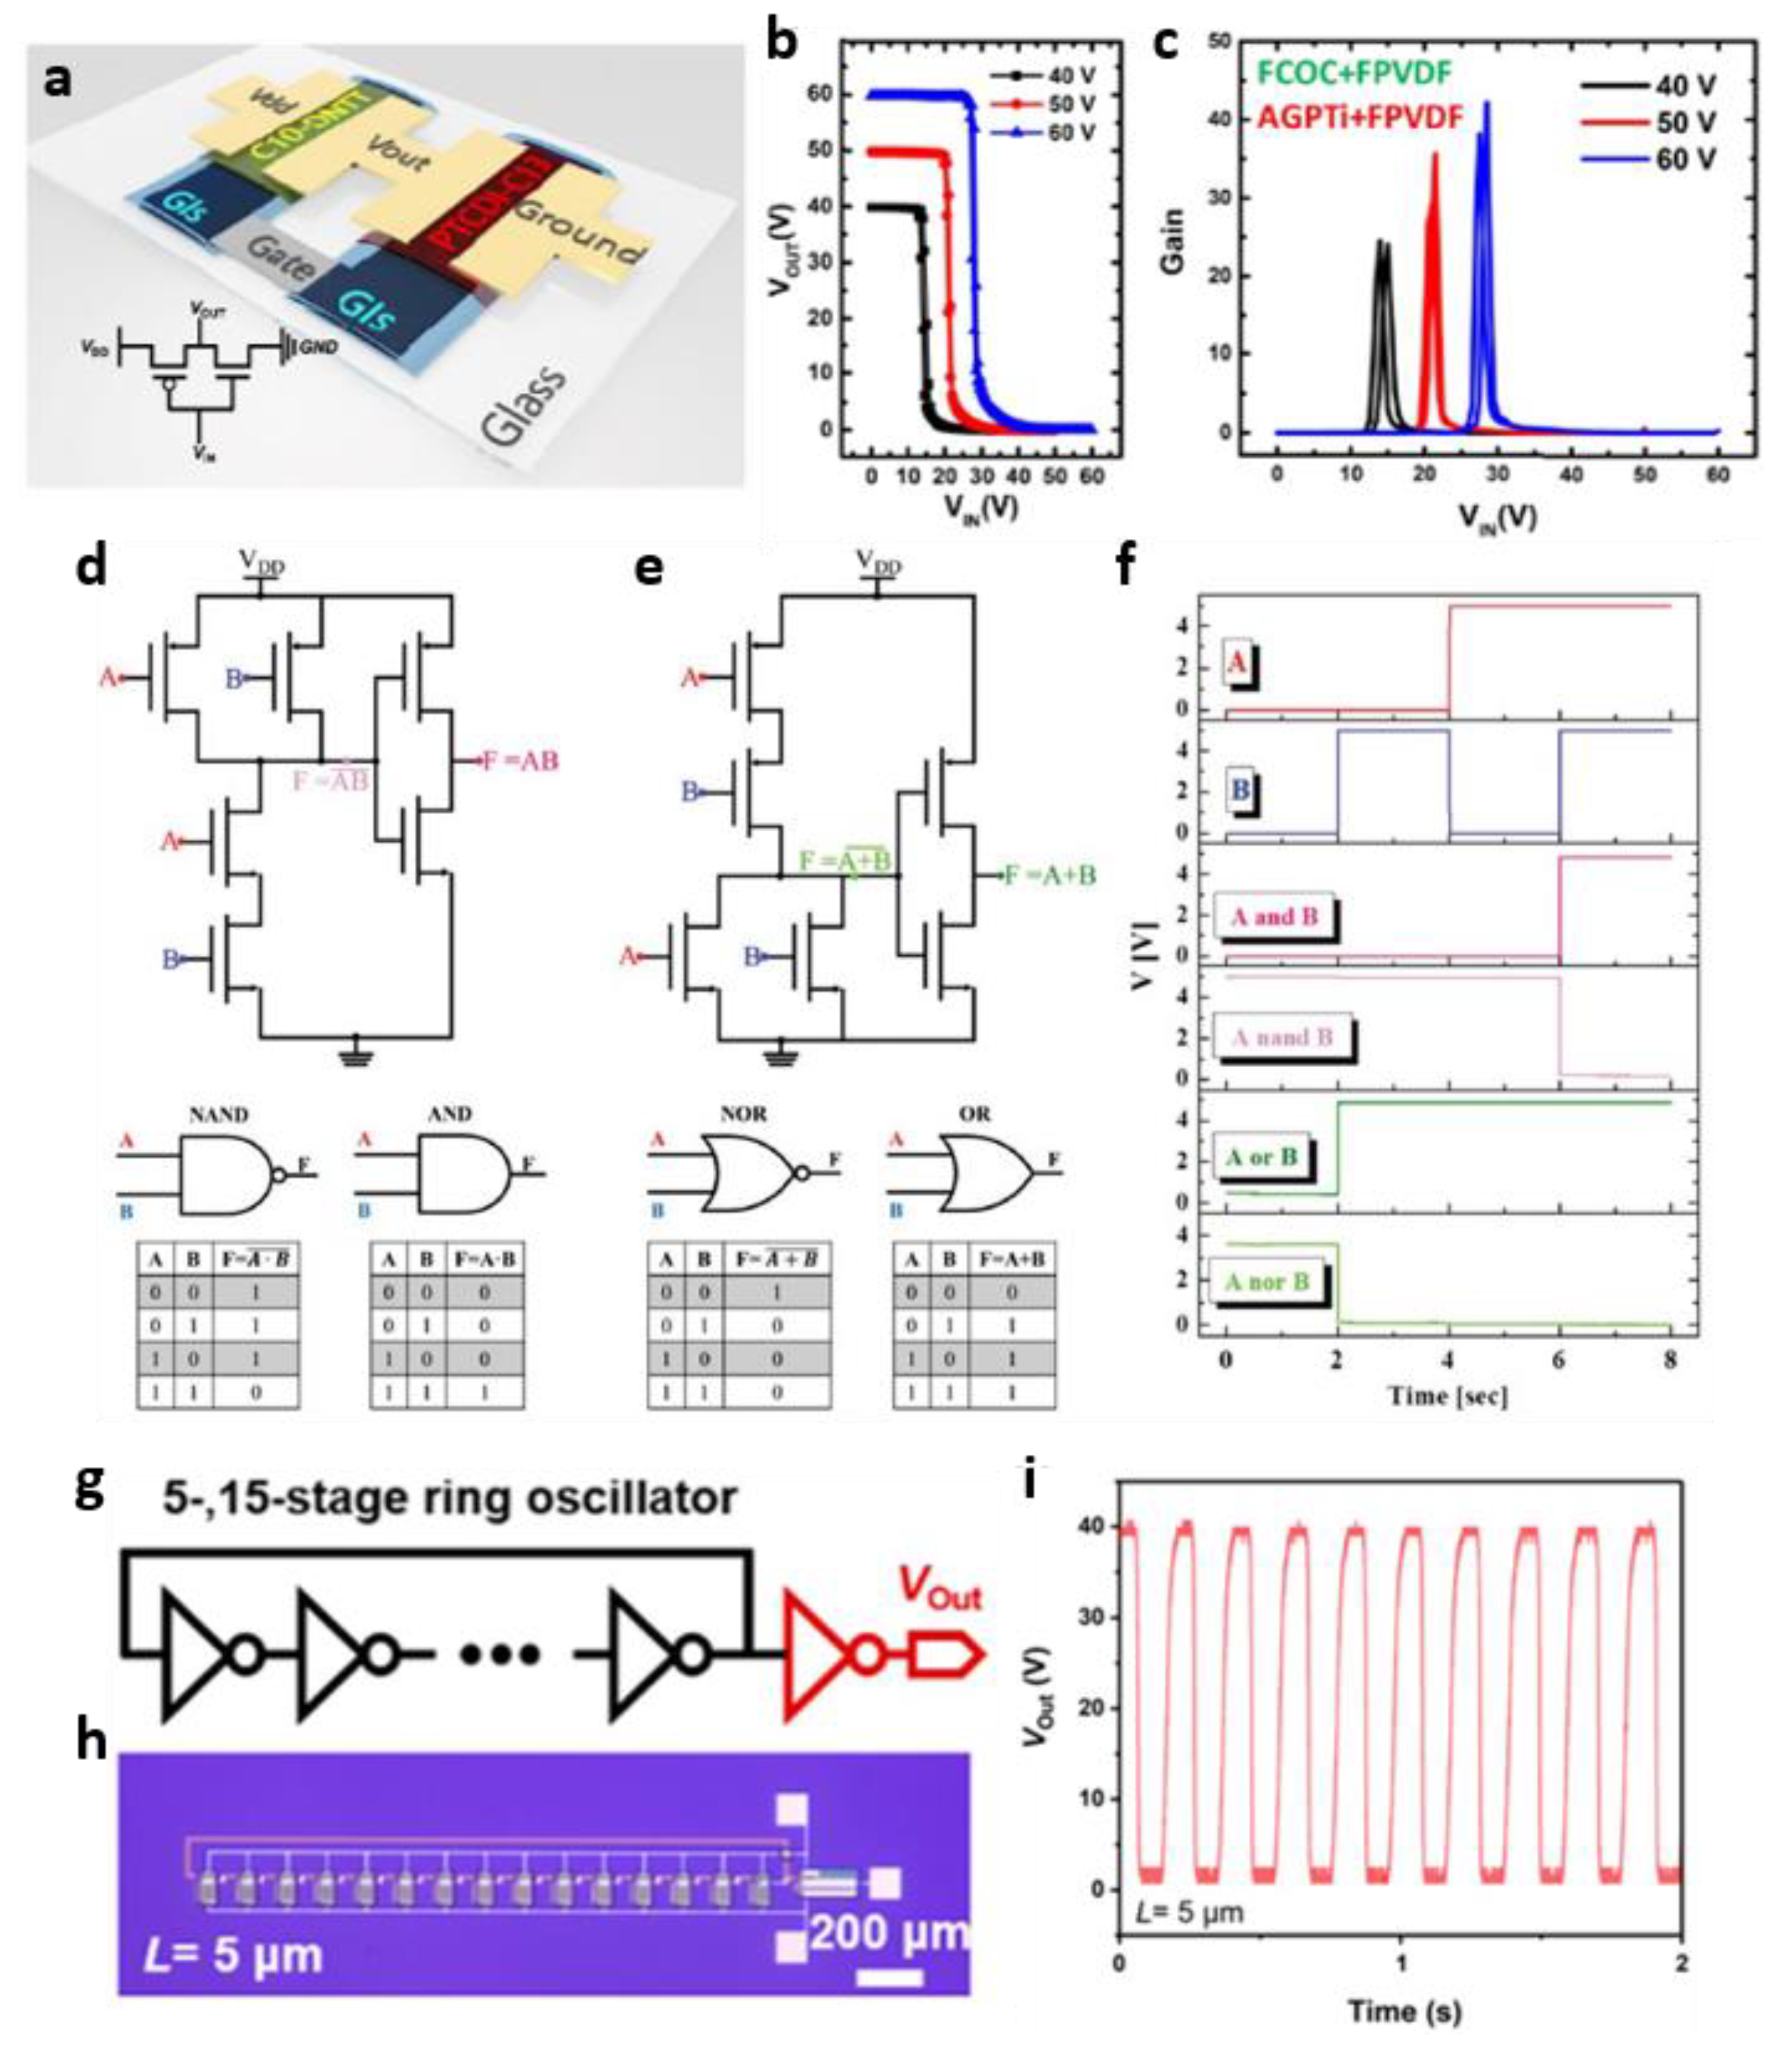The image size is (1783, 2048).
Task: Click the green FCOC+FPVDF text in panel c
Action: (1356, 72)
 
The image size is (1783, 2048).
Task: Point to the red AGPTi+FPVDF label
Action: (1360, 118)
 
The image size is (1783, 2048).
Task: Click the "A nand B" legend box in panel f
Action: (1282, 1038)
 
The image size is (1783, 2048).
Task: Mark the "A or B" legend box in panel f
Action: (1261, 1158)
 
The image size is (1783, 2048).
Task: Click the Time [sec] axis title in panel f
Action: (1447, 1396)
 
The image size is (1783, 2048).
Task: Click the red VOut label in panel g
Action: (940, 1586)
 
